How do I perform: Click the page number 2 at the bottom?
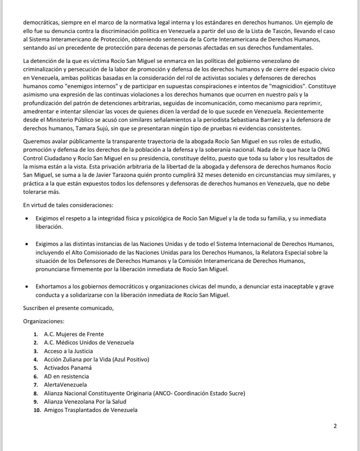click(335, 426)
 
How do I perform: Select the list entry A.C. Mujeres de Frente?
click(73, 334)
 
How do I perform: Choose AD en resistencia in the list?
click(66, 376)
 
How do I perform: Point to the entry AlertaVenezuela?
click(65, 384)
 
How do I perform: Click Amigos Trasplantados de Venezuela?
click(91, 410)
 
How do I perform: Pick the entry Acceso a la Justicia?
click(68, 351)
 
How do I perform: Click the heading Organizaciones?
click(43, 321)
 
